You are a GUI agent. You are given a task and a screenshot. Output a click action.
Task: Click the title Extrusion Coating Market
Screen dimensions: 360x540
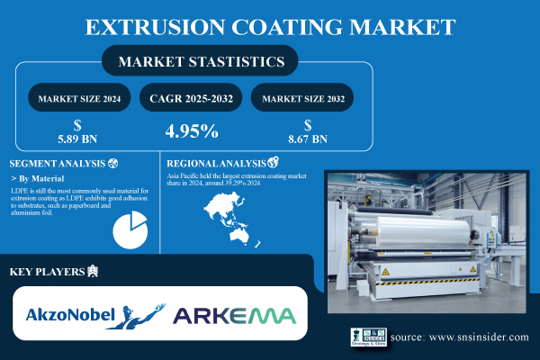coord(269,25)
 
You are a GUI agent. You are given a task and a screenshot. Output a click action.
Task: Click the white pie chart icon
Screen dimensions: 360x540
coord(131,229)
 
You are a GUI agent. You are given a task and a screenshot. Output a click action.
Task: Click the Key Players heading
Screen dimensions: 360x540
coord(47,271)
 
